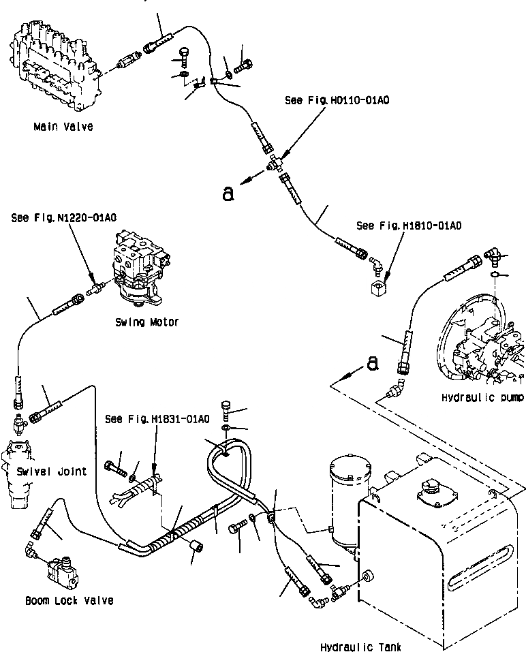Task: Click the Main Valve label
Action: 63,127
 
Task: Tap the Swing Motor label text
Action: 146,322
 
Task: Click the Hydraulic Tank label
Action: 360,646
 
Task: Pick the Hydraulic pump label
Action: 482,397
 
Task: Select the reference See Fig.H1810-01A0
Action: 408,225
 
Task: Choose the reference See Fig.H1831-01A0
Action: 157,418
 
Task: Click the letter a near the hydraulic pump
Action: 372,364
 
